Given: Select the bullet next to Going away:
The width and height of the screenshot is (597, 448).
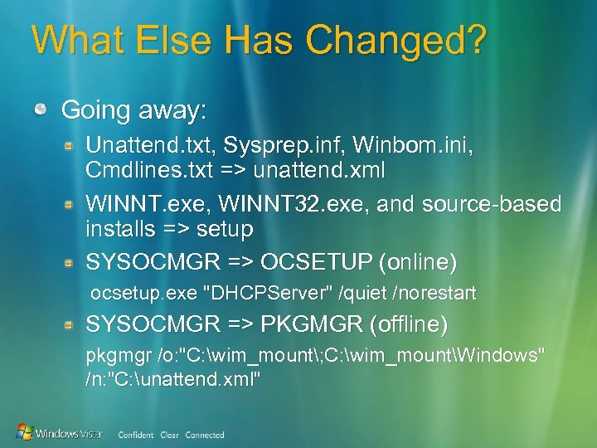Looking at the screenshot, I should click(41, 110).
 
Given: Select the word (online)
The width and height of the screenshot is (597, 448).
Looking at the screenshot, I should click(417, 262).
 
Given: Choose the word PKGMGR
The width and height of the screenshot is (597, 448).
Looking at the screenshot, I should click(313, 324).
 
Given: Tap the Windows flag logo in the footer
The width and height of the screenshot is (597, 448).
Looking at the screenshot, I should click(26, 431).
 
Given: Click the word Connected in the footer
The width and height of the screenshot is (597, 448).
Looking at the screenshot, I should click(205, 435).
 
